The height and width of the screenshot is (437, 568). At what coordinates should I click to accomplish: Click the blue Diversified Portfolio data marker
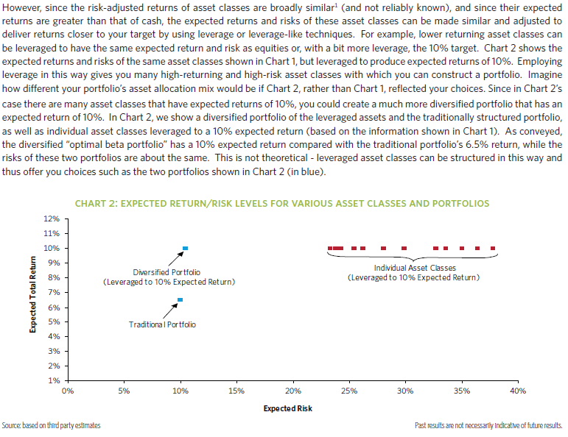point(186,248)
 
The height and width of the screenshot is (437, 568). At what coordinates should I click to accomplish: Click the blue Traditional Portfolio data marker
point(180,299)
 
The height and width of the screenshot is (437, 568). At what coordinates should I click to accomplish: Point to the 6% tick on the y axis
point(55,308)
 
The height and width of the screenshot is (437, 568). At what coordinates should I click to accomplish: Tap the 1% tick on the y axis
point(55,381)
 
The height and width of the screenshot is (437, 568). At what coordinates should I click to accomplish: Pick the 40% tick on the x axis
point(518,391)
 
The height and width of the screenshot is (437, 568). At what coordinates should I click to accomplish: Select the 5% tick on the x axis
point(125,391)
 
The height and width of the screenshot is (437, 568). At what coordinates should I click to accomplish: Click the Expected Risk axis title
point(288,408)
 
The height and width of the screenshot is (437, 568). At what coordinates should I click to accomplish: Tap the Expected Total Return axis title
point(33,294)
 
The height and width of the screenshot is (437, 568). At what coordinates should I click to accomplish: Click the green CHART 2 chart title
point(282,203)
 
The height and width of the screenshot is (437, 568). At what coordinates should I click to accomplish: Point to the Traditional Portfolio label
point(162,324)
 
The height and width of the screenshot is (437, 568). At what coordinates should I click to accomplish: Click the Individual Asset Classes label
point(415,269)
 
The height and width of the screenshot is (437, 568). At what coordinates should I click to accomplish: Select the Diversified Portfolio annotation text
point(169,277)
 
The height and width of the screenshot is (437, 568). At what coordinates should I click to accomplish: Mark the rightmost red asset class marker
point(493,248)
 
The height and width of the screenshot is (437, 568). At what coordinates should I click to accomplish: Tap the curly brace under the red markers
point(413,257)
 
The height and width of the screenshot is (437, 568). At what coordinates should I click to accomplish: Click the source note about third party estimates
point(52,426)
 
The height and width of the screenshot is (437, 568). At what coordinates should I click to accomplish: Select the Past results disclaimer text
point(488,426)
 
